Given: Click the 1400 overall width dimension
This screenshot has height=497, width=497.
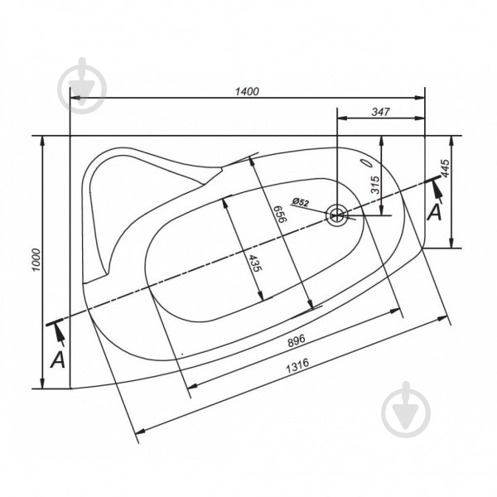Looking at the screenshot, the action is click(x=247, y=91).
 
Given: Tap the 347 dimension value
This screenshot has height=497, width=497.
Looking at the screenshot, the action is click(x=380, y=112).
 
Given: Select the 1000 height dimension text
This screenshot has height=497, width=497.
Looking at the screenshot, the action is click(x=36, y=260).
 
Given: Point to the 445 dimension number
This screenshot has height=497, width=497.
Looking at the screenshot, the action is click(x=445, y=168).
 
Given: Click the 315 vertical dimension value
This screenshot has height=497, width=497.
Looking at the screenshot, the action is click(x=375, y=185).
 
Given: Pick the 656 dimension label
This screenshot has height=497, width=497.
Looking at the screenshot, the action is click(x=280, y=215).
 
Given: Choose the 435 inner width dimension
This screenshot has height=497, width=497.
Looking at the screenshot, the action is click(x=255, y=263).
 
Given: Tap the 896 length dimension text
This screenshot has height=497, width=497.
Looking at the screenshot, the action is click(x=297, y=340).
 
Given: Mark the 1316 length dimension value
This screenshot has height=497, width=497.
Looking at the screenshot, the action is click(x=297, y=366).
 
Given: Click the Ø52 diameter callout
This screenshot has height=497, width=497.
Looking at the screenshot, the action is click(x=300, y=202).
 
